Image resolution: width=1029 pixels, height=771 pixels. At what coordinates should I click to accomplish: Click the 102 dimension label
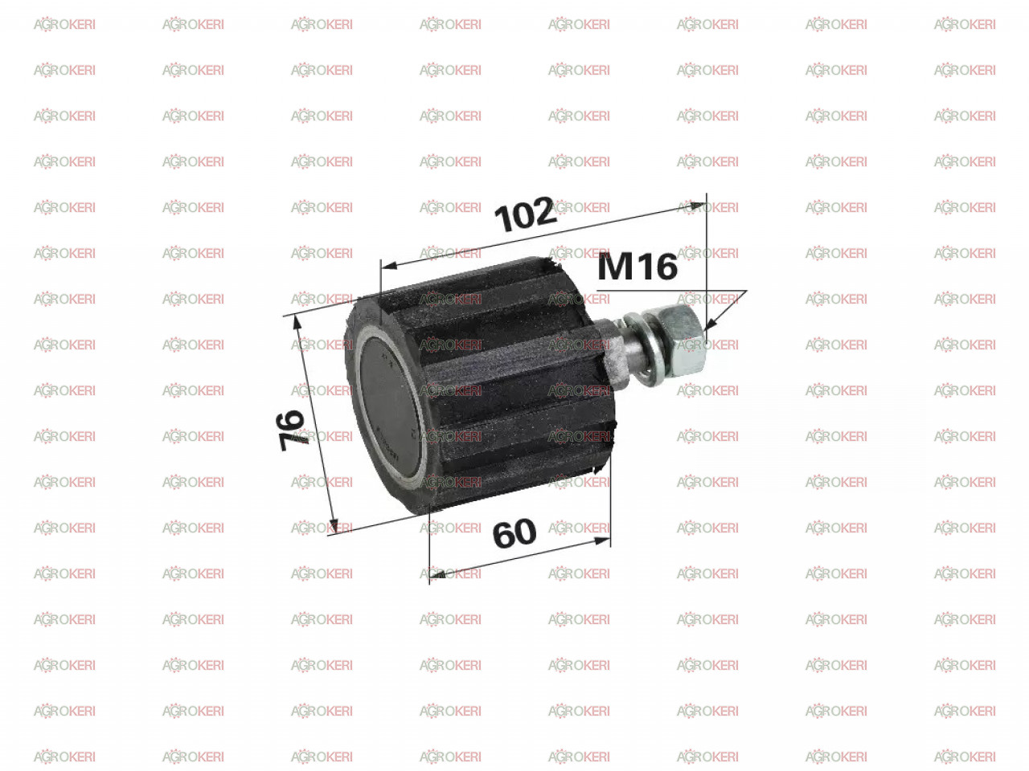pyautogui.click(x=526, y=214)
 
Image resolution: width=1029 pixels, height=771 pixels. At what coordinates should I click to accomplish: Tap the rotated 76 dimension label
pyautogui.click(x=291, y=430)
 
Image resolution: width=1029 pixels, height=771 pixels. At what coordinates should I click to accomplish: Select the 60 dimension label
pyautogui.click(x=514, y=533)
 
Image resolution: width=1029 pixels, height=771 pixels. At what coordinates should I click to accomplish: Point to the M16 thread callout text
pyautogui.click(x=637, y=267)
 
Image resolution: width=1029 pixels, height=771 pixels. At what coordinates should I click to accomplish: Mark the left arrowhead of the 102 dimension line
pyautogui.click(x=390, y=266)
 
